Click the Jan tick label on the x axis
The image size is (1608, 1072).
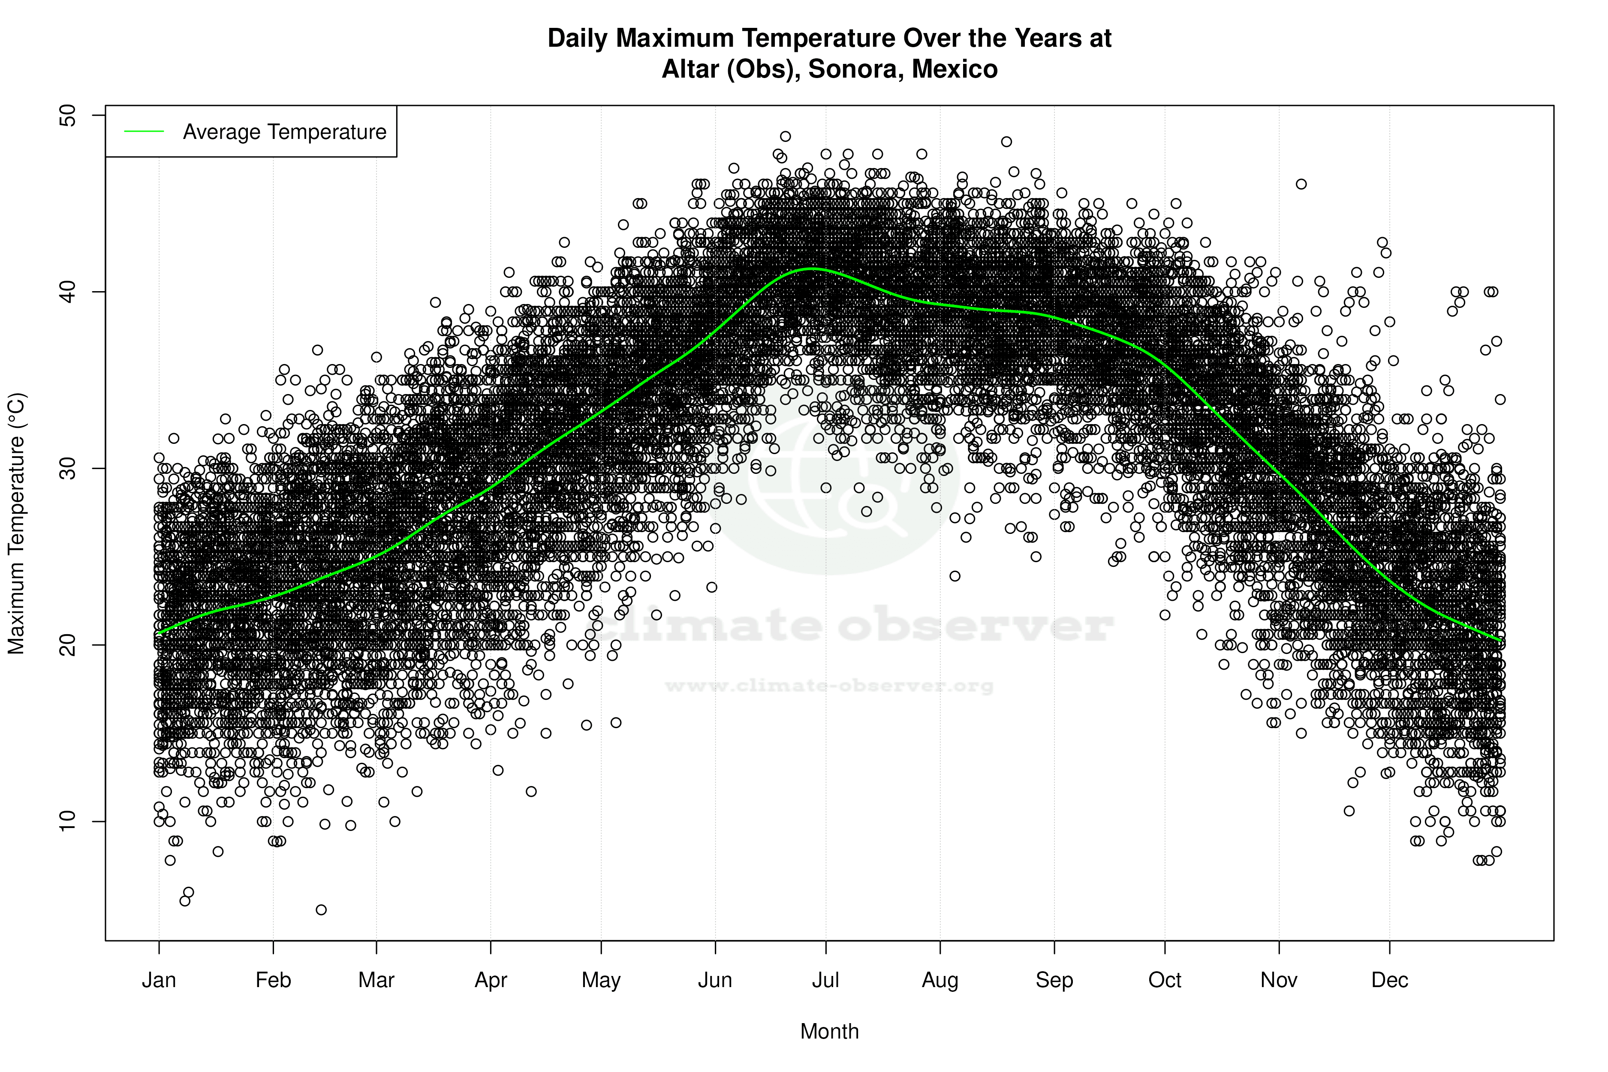159,980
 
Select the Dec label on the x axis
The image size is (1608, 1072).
1389,980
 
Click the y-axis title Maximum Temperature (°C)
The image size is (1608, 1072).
16,523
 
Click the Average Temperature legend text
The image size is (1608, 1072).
284,132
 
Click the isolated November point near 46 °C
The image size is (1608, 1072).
1301,184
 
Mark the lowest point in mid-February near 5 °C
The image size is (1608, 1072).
321,910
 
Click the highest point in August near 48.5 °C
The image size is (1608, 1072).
1006,142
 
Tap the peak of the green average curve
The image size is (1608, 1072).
810,269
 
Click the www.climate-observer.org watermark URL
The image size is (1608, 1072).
828,686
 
